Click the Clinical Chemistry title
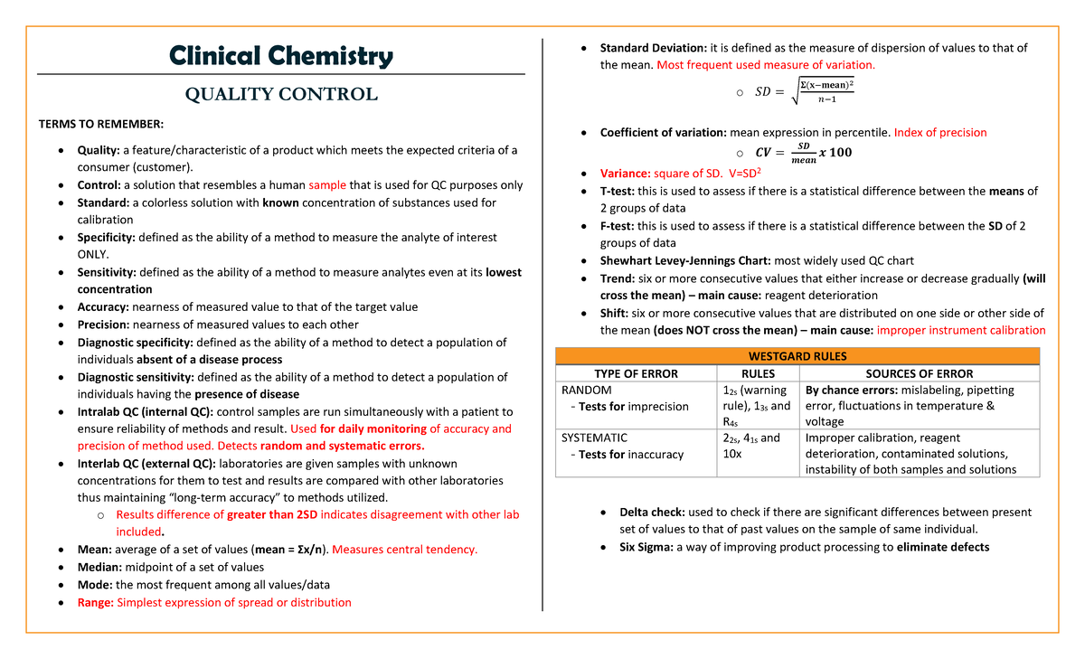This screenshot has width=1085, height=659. pos(282,56)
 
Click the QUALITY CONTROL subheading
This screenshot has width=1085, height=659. pos(281,94)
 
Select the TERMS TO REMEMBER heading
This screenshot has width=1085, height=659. pos(100,124)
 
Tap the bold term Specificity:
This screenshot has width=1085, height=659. pos(106,237)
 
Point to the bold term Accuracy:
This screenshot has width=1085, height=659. pos(103,306)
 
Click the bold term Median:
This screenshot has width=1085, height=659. pos(99,567)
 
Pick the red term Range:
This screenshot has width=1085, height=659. pos(96,602)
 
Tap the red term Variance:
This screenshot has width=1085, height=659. pos(627,173)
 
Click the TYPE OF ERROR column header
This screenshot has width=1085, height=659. pos(636,373)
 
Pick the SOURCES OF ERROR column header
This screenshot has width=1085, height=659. pos(920,373)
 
